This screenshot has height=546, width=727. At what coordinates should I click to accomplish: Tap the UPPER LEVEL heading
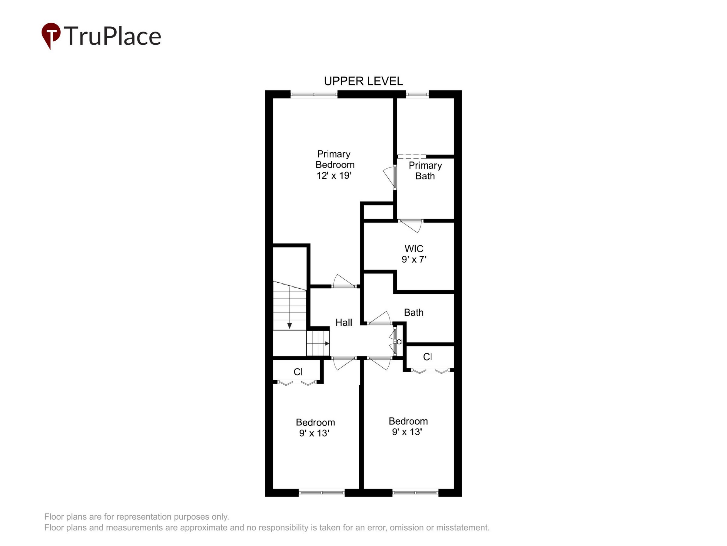[363, 81]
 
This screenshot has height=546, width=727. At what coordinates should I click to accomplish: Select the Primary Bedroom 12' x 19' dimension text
[334, 175]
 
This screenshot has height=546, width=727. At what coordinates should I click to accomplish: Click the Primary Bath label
[425, 170]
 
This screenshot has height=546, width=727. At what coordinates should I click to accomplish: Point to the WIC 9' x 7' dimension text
[414, 259]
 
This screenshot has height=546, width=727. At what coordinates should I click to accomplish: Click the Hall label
[344, 322]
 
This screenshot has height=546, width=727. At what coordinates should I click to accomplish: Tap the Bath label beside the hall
[414, 312]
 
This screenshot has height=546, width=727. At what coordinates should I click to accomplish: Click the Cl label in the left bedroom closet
[298, 372]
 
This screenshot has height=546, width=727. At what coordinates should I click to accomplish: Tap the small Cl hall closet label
[399, 342]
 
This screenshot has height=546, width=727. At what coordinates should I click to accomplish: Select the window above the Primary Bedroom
[314, 94]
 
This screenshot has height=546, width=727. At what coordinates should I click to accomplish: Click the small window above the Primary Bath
[417, 94]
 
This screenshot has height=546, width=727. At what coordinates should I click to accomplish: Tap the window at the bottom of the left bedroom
[321, 493]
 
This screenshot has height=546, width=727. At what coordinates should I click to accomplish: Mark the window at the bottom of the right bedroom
[415, 493]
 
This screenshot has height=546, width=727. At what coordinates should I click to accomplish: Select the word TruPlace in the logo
[112, 36]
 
